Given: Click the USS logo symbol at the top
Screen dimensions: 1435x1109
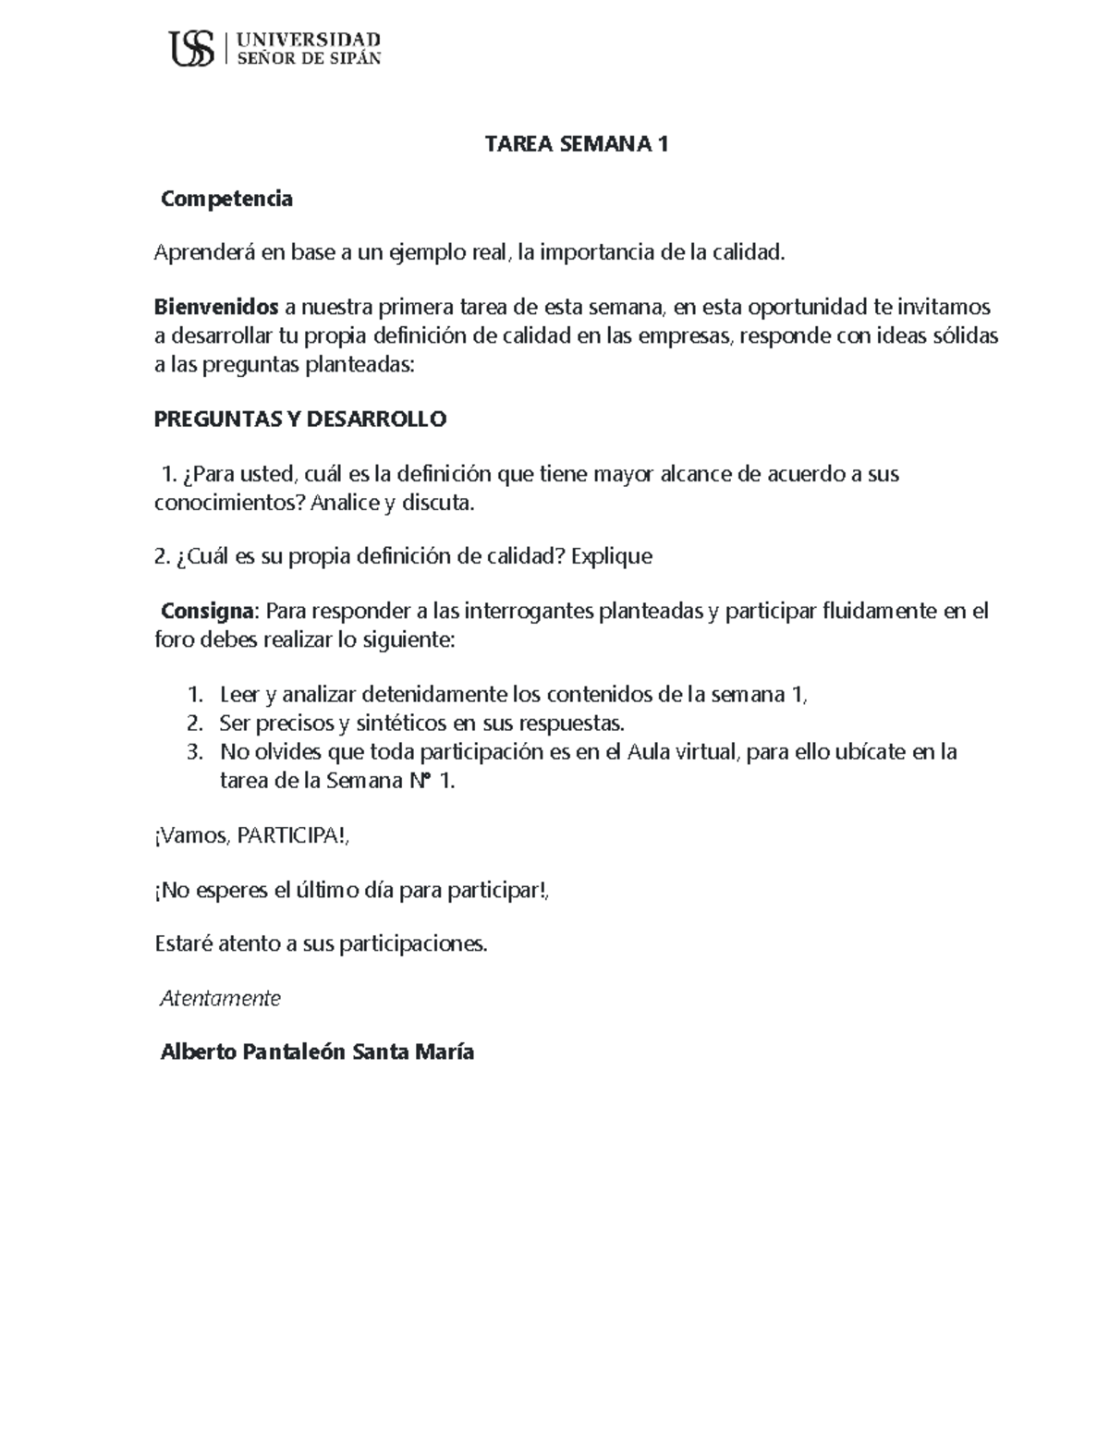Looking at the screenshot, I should [x=192, y=48].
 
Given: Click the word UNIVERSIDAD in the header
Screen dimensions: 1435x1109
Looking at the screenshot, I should [x=309, y=39].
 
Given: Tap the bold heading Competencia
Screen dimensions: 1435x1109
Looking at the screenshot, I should [x=226, y=199].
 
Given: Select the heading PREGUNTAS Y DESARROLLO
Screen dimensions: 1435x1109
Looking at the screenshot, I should [x=299, y=420].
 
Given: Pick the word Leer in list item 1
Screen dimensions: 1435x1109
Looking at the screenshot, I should [x=238, y=695].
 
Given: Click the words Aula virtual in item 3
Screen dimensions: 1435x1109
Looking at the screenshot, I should [x=682, y=752].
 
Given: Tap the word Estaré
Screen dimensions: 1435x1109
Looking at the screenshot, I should [x=182, y=944].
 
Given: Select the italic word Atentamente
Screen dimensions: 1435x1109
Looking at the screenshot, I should [x=220, y=999].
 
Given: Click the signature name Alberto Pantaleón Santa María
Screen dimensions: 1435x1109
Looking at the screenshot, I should [x=317, y=1052].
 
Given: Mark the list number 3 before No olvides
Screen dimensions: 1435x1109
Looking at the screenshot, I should [x=193, y=752].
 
